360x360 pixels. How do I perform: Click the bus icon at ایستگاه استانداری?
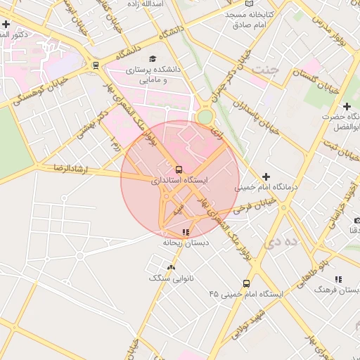coord(179,169)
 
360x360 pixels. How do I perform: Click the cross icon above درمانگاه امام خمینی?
coord(265,176)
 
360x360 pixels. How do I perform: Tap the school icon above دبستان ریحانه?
coord(186,231)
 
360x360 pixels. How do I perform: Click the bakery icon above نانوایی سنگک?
coord(171,266)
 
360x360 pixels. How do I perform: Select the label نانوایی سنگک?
coord(170,278)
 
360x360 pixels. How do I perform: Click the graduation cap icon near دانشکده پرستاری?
coord(153,59)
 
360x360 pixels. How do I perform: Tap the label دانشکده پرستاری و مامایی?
coord(153,75)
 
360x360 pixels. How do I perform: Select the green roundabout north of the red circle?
coord(205,116)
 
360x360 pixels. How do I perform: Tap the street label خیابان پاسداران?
coord(257,117)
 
